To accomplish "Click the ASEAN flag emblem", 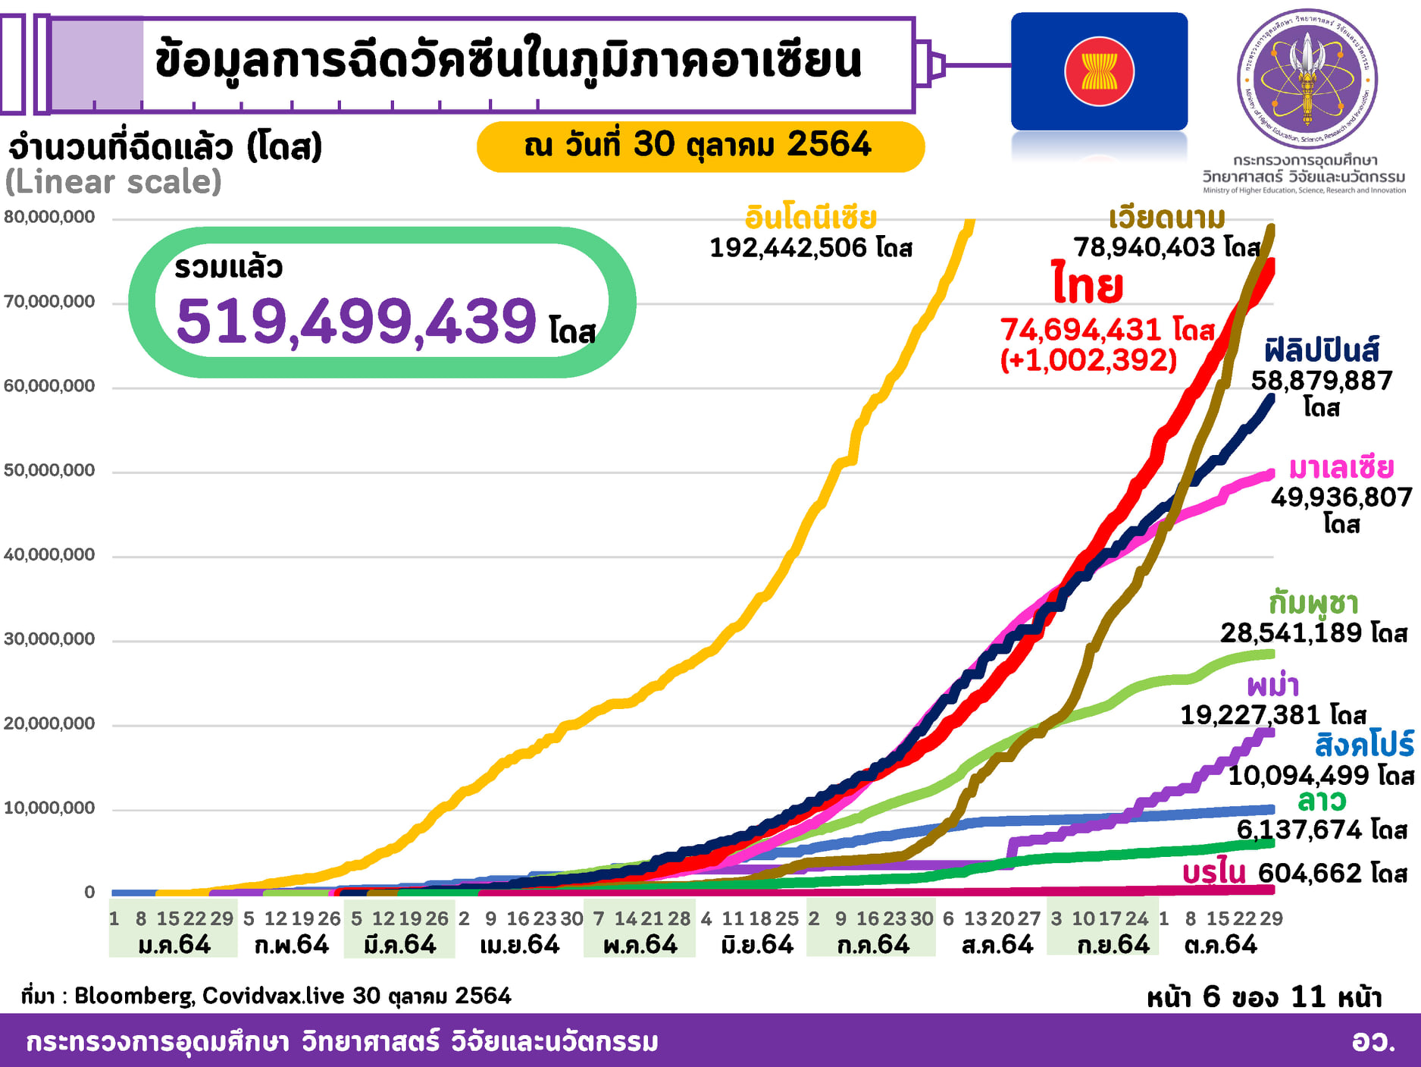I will tap(1099, 71).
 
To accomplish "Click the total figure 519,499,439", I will tap(356, 322).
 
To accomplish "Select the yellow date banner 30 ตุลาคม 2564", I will tap(700, 146).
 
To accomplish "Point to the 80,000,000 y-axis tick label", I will tap(50, 217).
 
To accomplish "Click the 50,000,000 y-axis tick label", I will tap(50, 470).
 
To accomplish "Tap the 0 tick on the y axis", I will tap(89, 893).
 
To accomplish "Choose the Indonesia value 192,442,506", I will tap(788, 248).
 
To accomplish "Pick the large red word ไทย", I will tap(1088, 285).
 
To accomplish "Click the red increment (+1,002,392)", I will tap(1088, 359).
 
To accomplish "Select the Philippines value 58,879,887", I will tap(1321, 381).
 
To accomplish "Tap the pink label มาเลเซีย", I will tap(1341, 468).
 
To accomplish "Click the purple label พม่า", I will tap(1273, 686).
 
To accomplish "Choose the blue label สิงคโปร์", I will tap(1364, 745).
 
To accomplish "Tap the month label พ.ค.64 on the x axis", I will tap(640, 945).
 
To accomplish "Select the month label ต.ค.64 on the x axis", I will tap(1220, 945).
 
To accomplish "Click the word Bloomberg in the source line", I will tap(134, 996).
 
